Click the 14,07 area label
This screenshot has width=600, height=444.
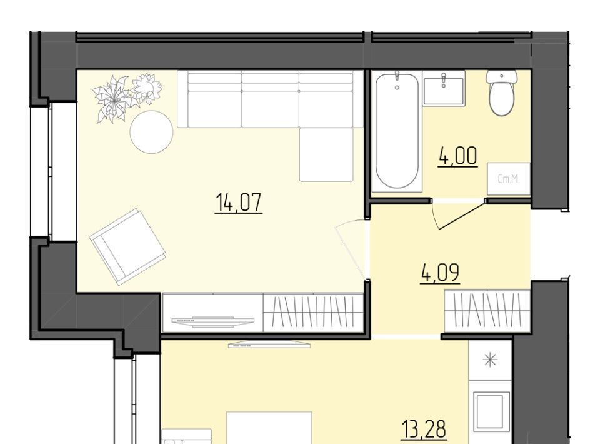tap(239, 203)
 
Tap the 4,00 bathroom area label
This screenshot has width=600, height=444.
tap(458, 156)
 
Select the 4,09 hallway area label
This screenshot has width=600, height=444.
tap(440, 273)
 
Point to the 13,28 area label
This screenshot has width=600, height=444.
tap(424, 429)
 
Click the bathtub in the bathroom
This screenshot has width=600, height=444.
tap(397, 130)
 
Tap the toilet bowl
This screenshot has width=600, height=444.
tap(502, 93)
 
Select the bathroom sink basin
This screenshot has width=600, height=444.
tap(444, 88)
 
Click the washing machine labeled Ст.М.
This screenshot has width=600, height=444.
tap(509, 179)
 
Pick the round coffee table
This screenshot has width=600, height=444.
tap(151, 132)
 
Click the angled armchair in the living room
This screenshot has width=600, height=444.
tap(127, 247)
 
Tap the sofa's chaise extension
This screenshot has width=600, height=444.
tap(326, 154)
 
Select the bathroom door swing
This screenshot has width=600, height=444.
tap(457, 215)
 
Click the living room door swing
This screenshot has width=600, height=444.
tap(351, 249)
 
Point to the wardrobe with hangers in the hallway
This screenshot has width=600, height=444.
tap(487, 310)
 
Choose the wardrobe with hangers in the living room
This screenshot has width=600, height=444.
tap(313, 312)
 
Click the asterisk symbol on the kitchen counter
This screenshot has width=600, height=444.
tap(491, 361)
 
